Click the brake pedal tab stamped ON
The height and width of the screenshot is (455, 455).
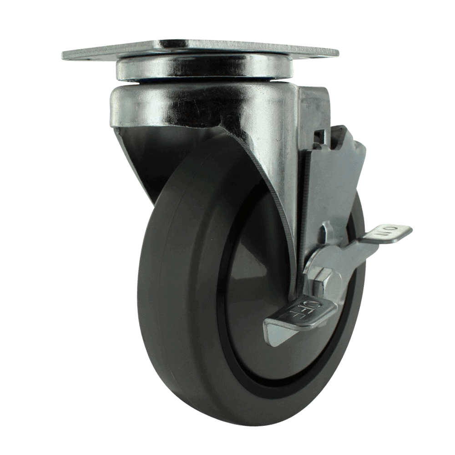(x=387, y=234)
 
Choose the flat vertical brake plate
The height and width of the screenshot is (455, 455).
(x=328, y=182)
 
